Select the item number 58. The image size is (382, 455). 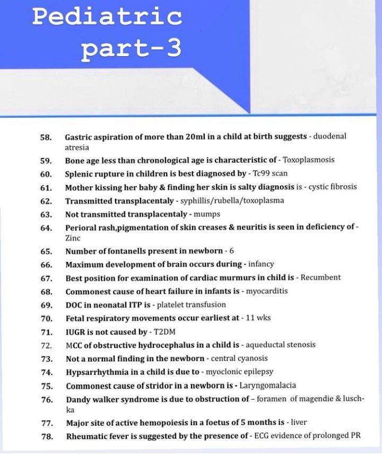(x=46, y=137)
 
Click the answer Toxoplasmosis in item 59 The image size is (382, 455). (x=309, y=160)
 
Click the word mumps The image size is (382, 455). (x=209, y=214)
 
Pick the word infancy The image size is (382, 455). (x=261, y=264)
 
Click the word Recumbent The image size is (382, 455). (x=320, y=277)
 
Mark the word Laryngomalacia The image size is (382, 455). (x=268, y=386)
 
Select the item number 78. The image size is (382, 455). (x=46, y=436)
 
